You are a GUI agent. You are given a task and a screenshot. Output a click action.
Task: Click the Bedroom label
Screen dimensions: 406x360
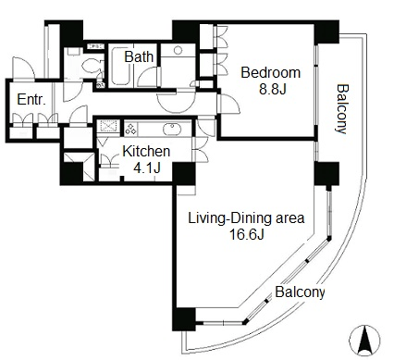pos(270,73)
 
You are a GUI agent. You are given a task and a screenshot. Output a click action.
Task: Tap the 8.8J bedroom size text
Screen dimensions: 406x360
pos(273,90)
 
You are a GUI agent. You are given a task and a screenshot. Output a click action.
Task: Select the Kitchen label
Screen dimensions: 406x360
pos(146,151)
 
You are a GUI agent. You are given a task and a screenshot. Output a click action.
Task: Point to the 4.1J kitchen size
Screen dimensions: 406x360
pos(147,168)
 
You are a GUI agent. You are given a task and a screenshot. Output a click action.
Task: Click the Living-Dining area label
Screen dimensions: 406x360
pos(246,218)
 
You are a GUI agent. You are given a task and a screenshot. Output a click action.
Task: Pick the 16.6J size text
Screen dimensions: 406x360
pos(246,234)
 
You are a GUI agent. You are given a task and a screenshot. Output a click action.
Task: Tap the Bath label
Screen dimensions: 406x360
pos(139,57)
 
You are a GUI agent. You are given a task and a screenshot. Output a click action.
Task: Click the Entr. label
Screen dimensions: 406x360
pos(31,100)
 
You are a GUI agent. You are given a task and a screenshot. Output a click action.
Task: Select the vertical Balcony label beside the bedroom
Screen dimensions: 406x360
pos(342,108)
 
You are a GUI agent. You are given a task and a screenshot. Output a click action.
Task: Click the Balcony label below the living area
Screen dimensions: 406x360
pos(300,292)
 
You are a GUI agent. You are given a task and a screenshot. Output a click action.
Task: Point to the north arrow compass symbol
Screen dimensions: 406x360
pos(364,341)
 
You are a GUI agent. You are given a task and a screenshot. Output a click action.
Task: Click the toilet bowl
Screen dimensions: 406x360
pos(92,65)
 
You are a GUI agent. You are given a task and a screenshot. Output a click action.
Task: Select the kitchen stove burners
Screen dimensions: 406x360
pos(130,130)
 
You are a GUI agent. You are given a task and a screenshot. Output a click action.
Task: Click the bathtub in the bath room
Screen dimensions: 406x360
pos(120,66)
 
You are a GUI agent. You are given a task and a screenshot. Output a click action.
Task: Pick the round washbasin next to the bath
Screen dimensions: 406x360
pos(178,50)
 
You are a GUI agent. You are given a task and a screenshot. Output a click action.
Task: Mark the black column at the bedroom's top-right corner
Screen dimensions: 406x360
pos(326,31)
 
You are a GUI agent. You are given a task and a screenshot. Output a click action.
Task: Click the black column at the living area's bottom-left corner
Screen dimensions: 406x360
pos(184,319)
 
